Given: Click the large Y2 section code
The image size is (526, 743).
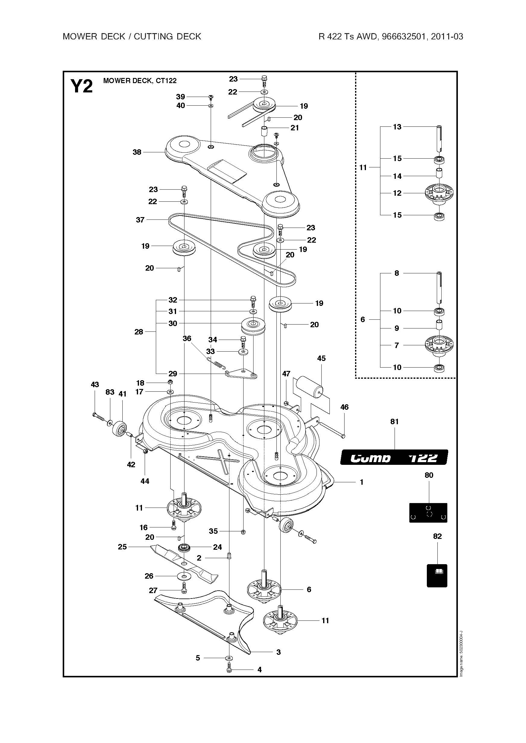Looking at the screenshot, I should click(82, 86).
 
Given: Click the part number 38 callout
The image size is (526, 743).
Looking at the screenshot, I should click(137, 152).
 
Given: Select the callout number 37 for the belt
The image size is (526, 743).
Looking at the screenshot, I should click(140, 220).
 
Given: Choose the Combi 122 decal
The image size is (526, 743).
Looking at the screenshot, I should click(394, 457).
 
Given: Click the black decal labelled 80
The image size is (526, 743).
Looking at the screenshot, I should click(428, 512).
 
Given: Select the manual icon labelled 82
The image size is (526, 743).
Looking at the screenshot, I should click(437, 576).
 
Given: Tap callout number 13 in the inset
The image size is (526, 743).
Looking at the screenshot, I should click(397, 127).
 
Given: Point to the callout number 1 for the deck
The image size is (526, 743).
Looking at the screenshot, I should click(361, 482).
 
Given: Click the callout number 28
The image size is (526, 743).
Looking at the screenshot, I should click(139, 332).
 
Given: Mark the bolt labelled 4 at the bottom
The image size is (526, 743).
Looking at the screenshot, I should click(229, 670).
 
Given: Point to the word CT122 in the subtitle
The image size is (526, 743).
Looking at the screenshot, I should click(166, 81).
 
